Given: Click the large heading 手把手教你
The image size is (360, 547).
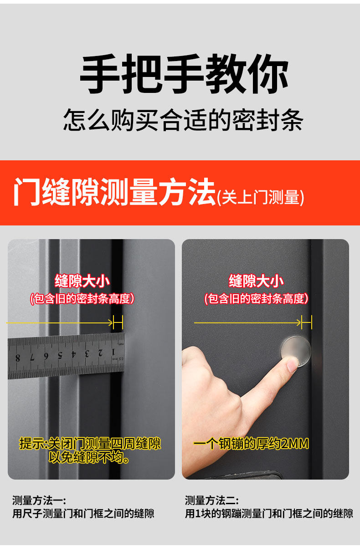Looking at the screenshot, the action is click(184, 74).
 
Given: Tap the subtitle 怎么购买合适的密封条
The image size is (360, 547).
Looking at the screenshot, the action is click(183, 120).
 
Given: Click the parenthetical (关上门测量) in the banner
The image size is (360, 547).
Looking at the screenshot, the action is click(261, 197).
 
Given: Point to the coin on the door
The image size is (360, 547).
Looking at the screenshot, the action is click(296, 352).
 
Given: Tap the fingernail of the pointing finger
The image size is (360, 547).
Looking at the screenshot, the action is click(293, 364).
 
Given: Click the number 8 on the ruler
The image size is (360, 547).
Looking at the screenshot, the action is click(18, 358).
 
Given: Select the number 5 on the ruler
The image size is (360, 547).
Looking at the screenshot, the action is click(60, 355).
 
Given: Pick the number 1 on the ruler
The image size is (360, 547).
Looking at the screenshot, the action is click(113, 352).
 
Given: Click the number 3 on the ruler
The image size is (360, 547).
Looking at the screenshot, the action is click(87, 353).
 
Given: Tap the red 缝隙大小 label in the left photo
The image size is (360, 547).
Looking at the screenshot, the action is click(82, 281).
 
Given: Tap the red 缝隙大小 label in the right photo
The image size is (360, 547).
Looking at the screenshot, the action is click(256, 281).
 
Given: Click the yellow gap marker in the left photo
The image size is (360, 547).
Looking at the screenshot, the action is click(118, 322).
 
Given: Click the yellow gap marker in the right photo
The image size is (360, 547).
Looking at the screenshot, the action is click(307, 322).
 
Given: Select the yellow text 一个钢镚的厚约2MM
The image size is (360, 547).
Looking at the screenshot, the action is click(251, 444).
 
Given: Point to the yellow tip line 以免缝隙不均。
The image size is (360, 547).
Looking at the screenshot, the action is click(89, 457).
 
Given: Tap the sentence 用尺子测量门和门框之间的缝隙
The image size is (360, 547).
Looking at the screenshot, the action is click(83, 514).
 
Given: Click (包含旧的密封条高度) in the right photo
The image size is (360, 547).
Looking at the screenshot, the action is click(256, 298).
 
